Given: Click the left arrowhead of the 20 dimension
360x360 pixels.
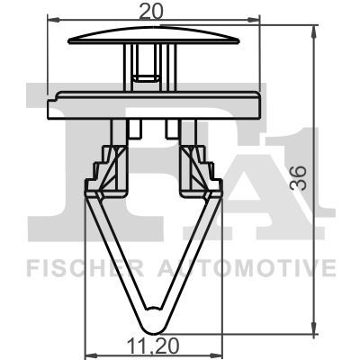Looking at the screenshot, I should [50, 19].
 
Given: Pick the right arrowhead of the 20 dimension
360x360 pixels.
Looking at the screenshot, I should [255, 19].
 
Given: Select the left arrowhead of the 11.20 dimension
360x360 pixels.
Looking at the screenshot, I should [88, 353].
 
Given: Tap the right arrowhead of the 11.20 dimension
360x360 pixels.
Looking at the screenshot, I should [216, 353].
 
